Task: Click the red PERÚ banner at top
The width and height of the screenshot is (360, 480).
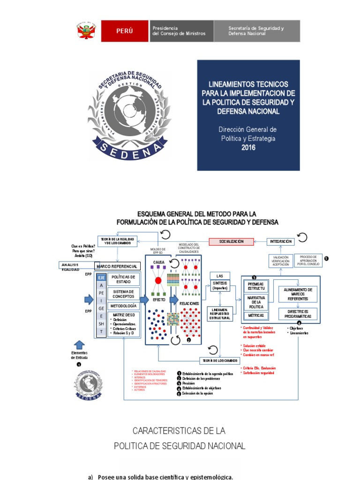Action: tap(124, 31)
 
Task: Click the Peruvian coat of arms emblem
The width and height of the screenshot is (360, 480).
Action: tap(87, 31)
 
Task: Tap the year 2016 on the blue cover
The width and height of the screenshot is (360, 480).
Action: tap(248, 147)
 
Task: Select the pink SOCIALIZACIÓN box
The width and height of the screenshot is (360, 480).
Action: tap(231, 241)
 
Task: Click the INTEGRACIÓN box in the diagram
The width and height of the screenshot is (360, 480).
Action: tap(281, 241)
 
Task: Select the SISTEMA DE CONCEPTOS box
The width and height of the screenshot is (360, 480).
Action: tap(123, 294)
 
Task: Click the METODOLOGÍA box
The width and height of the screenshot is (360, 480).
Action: tap(123, 306)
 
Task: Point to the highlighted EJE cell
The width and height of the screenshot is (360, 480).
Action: tap(101, 277)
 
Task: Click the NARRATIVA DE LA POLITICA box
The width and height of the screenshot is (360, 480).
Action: tap(256, 301)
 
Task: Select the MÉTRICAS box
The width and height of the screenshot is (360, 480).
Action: tap(256, 315)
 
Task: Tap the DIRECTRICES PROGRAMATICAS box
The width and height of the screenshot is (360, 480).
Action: tap(298, 314)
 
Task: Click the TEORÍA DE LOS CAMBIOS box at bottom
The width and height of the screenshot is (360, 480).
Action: tap(220, 360)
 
